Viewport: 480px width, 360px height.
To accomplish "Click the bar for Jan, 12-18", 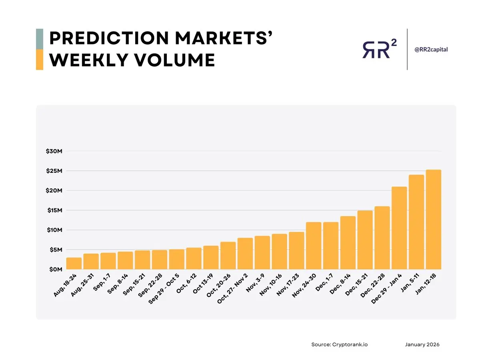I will (x=433, y=220).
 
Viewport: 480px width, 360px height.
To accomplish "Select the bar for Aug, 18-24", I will (x=74, y=263).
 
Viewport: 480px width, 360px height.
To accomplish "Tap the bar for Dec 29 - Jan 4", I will (x=399, y=228).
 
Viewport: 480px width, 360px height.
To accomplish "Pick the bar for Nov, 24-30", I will (x=314, y=246).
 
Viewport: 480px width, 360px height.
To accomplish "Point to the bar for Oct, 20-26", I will (x=228, y=256).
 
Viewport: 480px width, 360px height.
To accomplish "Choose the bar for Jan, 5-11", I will (x=416, y=222).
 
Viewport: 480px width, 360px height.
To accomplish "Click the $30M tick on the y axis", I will (x=55, y=151).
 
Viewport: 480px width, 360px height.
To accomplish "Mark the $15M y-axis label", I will (x=55, y=210).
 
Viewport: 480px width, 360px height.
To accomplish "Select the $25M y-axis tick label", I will (x=55, y=171).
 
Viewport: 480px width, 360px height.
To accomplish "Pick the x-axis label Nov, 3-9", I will (x=255, y=283).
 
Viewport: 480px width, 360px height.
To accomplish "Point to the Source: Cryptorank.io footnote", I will (x=339, y=344).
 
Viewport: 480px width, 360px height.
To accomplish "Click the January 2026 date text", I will (x=422, y=344).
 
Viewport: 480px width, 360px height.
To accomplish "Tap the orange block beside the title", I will (x=40, y=60).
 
